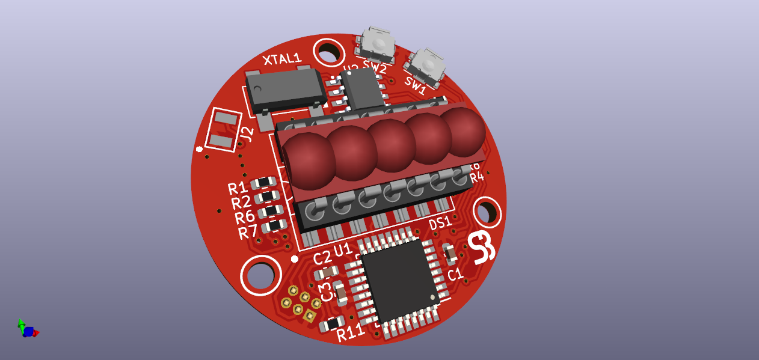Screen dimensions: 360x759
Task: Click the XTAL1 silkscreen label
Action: pyautogui.click(x=282, y=58)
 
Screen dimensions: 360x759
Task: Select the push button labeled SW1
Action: pyautogui.click(x=426, y=65)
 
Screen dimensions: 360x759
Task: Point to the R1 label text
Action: pyautogui.click(x=238, y=188)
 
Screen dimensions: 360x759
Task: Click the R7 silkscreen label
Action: pyautogui.click(x=247, y=232)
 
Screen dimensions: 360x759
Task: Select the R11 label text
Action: pyautogui.click(x=350, y=332)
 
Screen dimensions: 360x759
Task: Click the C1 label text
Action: pyautogui.click(x=455, y=275)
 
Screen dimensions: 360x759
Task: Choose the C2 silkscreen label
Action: pyautogui.click(x=322, y=257)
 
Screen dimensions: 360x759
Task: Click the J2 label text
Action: pyautogui.click(x=245, y=136)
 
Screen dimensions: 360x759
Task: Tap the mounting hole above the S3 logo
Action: pyautogui.click(x=487, y=212)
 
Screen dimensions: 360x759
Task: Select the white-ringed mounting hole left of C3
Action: pyautogui.click(x=260, y=275)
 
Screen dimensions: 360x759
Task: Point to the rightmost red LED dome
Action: pyautogui.click(x=464, y=130)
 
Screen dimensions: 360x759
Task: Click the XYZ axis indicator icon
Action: pyautogui.click(x=27, y=329)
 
